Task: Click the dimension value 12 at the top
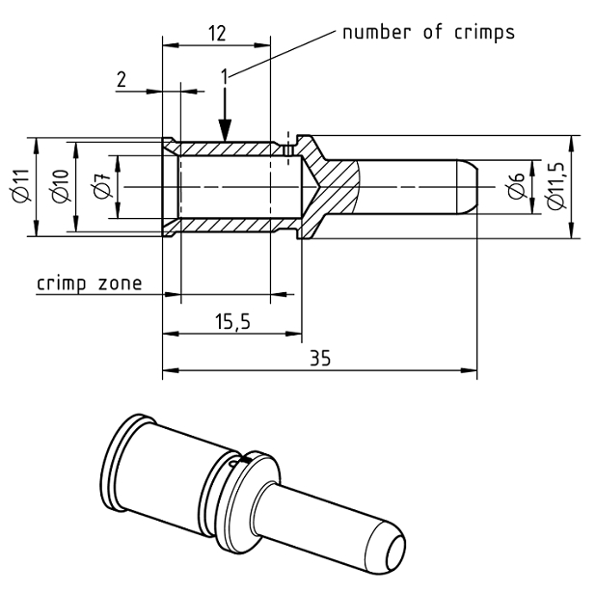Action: click(x=217, y=33)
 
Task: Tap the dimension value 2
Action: click(x=122, y=80)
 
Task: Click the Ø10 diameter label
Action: click(x=60, y=186)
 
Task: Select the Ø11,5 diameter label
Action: click(x=554, y=186)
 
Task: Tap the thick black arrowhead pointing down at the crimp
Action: click(x=224, y=130)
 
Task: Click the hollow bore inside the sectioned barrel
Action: click(x=231, y=186)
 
